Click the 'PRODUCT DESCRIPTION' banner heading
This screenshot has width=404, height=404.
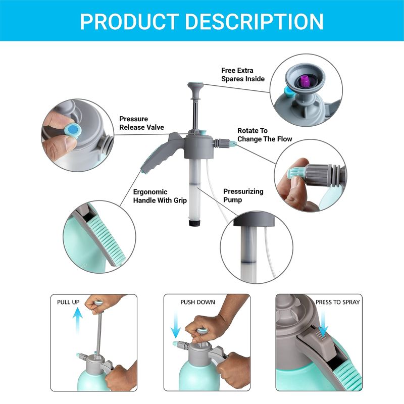pyautogui.click(x=201, y=22)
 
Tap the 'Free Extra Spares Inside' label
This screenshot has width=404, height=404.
pyautogui.click(x=243, y=74)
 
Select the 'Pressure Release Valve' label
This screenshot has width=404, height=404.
pyautogui.click(x=141, y=123)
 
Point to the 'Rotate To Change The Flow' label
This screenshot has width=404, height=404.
pyautogui.click(x=265, y=135)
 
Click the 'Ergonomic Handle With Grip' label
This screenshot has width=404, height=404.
pyautogui.click(x=160, y=196)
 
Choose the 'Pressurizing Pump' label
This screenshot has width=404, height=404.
pyautogui.click(x=243, y=195)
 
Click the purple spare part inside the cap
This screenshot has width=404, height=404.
pyautogui.click(x=305, y=81)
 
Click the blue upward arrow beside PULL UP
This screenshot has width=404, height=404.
pyautogui.click(x=77, y=321)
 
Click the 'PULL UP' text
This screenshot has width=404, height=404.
pyautogui.click(x=68, y=302)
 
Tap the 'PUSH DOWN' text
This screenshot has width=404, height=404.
pyautogui.click(x=197, y=302)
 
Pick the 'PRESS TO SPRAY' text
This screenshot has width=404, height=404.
pyautogui.click(x=337, y=302)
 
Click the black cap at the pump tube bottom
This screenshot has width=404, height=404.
pyautogui.click(x=195, y=223)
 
